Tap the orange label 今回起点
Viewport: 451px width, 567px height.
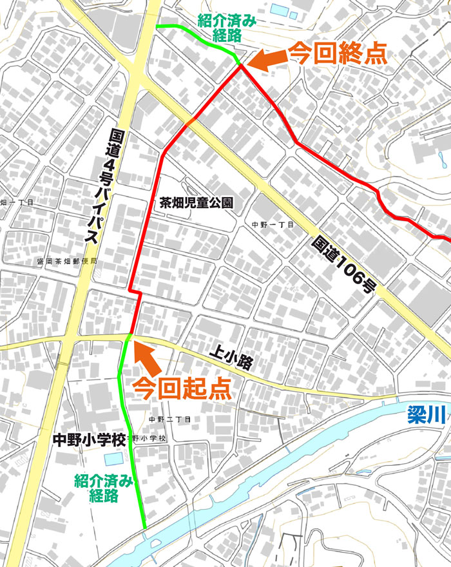pyautogui.click(x=181, y=388)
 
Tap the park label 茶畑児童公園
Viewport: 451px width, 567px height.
pyautogui.click(x=197, y=202)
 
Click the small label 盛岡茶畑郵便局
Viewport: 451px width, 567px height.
pyautogui.click(x=67, y=262)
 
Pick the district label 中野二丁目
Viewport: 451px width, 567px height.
pyautogui.click(x=170, y=419)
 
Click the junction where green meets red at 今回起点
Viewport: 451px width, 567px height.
pyautogui.click(x=130, y=336)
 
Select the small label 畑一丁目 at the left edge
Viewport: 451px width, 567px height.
pyautogui.click(x=16, y=202)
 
